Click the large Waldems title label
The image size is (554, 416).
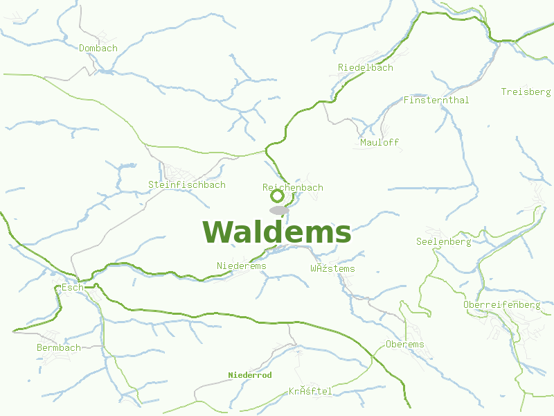(277, 232)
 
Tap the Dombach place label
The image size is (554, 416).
(98, 49)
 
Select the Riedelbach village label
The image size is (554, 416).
(366, 68)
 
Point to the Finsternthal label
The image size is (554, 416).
(436, 101)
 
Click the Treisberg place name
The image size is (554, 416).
(526, 92)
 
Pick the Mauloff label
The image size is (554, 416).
(379, 143)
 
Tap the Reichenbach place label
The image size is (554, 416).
(293, 188)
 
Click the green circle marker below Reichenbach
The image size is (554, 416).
(277, 196)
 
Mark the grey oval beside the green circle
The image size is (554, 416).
(279, 210)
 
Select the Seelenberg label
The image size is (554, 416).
(443, 242)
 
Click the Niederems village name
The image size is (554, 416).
(241, 266)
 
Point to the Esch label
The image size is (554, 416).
(72, 287)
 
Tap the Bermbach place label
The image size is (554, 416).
(59, 347)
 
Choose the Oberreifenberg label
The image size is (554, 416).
(501, 305)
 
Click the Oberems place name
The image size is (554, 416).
(404, 345)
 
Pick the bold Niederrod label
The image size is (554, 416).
(250, 375)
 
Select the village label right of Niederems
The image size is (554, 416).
(333, 269)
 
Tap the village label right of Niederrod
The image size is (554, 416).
(310, 392)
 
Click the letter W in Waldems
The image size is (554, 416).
(217, 232)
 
